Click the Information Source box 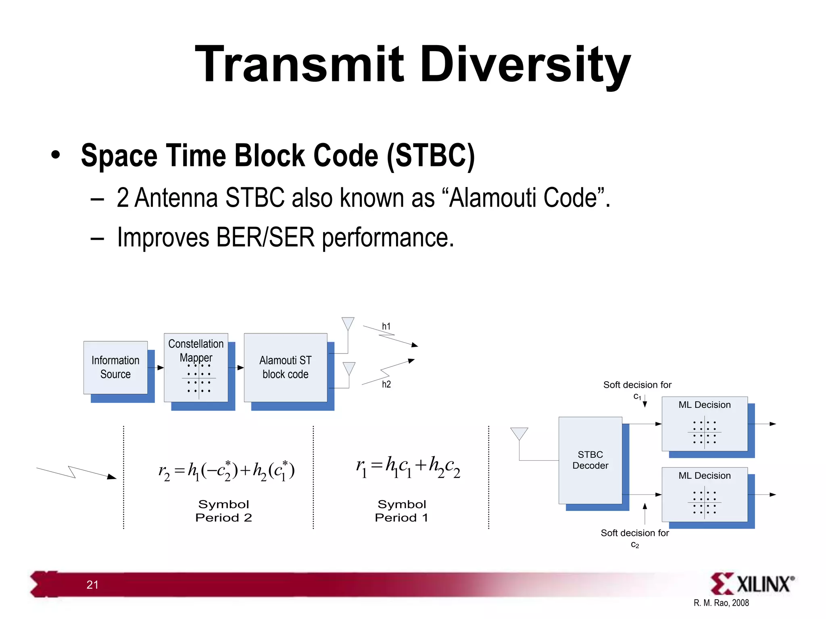pyautogui.click(x=115, y=367)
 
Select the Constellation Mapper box pyautogui.click(x=196, y=367)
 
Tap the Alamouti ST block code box pyautogui.click(x=286, y=367)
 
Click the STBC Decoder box pyautogui.click(x=590, y=460)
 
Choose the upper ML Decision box pyautogui.click(x=704, y=424)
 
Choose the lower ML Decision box pyautogui.click(x=704, y=494)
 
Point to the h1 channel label pyautogui.click(x=386, y=326)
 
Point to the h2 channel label pyautogui.click(x=386, y=384)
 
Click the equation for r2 pyautogui.click(x=226, y=470)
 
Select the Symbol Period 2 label pyautogui.click(x=223, y=511)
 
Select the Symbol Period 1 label pyautogui.click(x=402, y=511)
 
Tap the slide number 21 pyautogui.click(x=92, y=585)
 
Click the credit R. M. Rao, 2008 pyautogui.click(x=721, y=603)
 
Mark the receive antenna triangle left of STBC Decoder pyautogui.click(x=519, y=434)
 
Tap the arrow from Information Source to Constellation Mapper pyautogui.click(x=156, y=368)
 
